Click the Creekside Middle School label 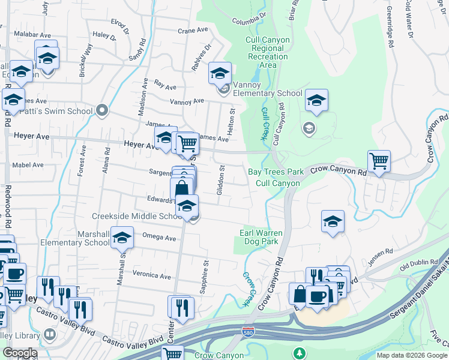pyautogui.click(x=133, y=216)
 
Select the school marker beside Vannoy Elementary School pyautogui.click(x=220, y=73)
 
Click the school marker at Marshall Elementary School pyautogui.click(x=122, y=238)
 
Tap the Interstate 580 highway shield pyautogui.click(x=247, y=331)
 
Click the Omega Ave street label pyautogui.click(x=159, y=238)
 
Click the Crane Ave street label pyautogui.click(x=192, y=30)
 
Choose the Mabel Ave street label pyautogui.click(x=28, y=165)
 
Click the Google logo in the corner pyautogui.click(x=19, y=353)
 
